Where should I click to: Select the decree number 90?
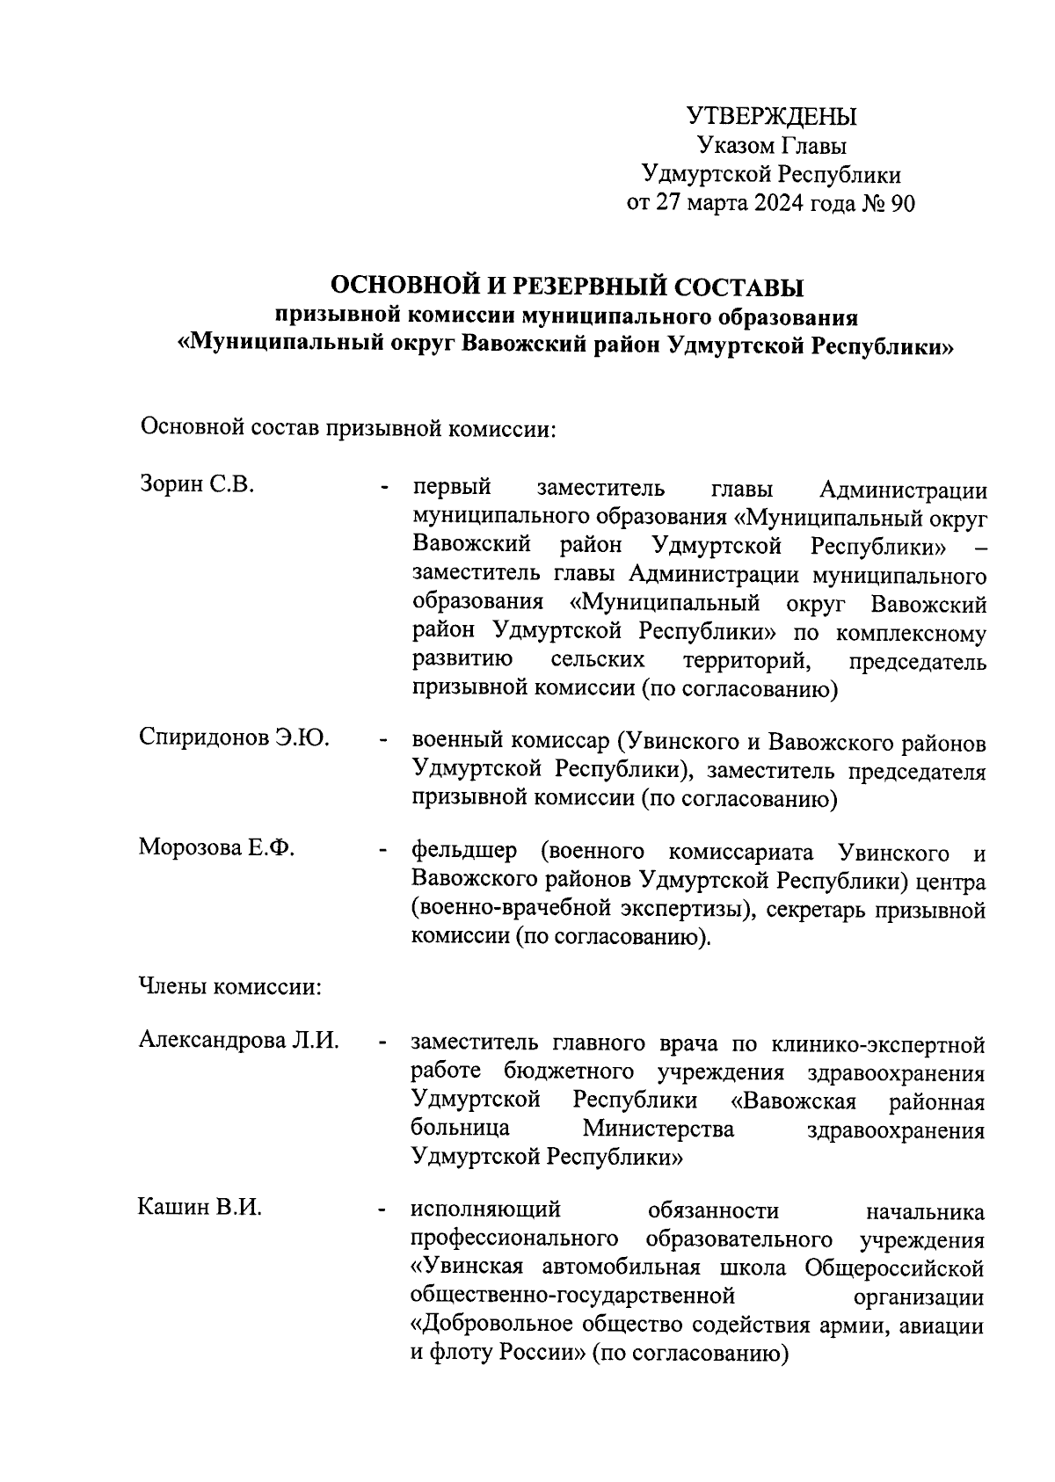tap(902, 204)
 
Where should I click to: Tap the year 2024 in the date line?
tap(782, 204)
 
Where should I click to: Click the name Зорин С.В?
tap(197, 484)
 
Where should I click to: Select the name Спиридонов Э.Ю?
tap(234, 737)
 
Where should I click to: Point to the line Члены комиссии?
tap(230, 986)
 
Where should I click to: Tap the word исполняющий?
tap(486, 1211)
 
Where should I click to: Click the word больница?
tap(460, 1129)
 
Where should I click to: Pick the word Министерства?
tap(658, 1129)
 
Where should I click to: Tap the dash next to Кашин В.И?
tap(382, 1213)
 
